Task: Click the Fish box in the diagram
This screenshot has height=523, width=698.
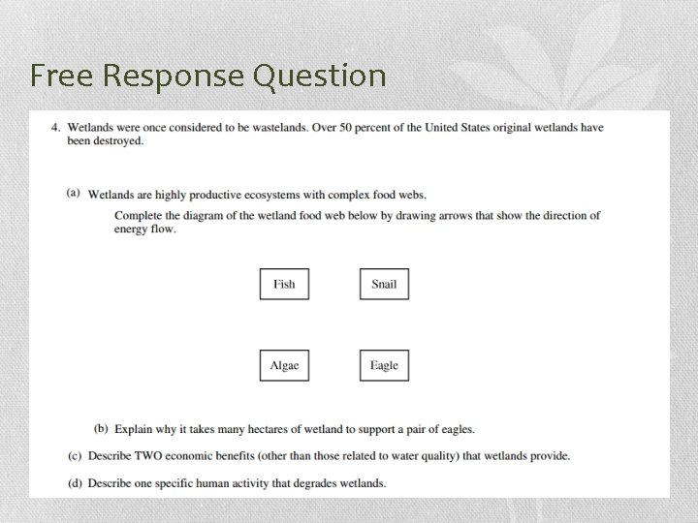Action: point(284,284)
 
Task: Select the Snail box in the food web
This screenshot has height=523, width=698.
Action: point(384,284)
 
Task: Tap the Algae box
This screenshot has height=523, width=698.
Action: point(284,365)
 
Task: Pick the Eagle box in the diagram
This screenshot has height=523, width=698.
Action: point(384,365)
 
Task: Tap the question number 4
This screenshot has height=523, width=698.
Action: point(56,128)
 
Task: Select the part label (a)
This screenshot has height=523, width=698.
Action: point(74,193)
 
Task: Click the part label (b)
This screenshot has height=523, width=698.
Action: point(101,428)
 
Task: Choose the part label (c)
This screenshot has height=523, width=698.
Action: point(74,455)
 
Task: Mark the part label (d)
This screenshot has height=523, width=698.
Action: point(74,482)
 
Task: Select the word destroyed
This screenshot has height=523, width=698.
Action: point(119,141)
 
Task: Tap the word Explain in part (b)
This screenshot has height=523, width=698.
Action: point(133,428)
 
